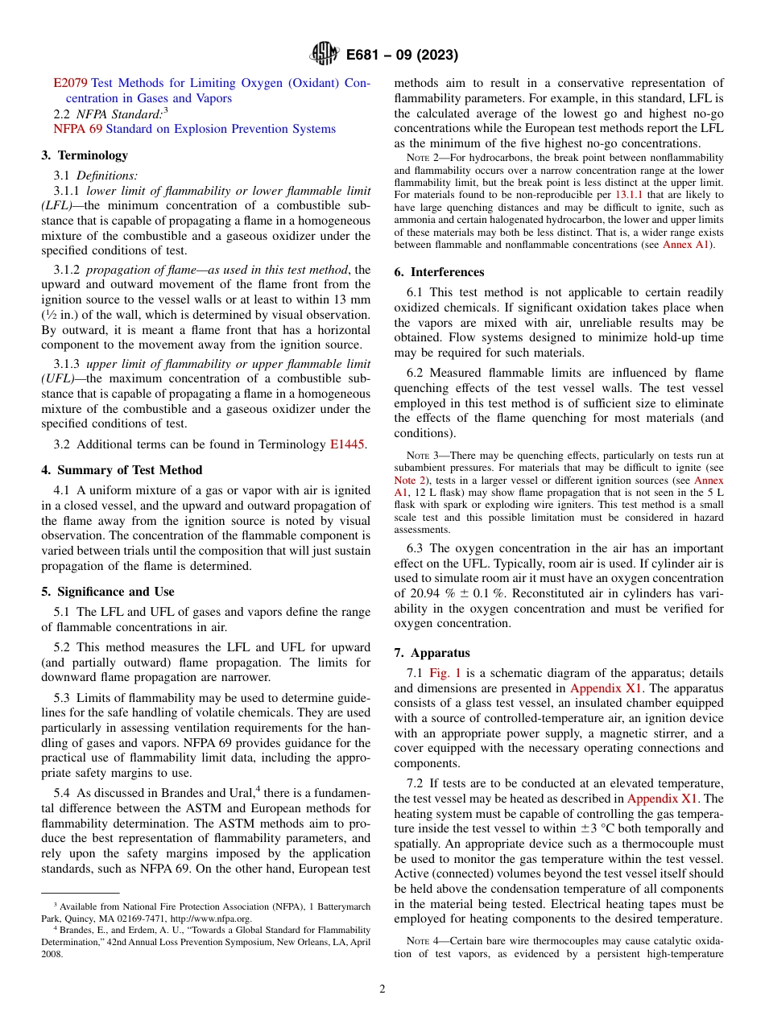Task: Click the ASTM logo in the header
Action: pyautogui.click(x=324, y=55)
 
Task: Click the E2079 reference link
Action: pyautogui.click(x=70, y=83)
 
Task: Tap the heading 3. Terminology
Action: pyautogui.click(x=85, y=155)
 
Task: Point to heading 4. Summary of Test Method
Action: pyautogui.click(x=122, y=470)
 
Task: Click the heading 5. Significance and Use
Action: pyautogui.click(x=108, y=592)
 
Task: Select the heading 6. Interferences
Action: pyautogui.click(x=440, y=272)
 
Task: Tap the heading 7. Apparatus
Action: pyautogui.click(x=432, y=653)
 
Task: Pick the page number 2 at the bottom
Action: pyautogui.click(x=382, y=989)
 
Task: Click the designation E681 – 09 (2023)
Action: pyautogui.click(x=402, y=55)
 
